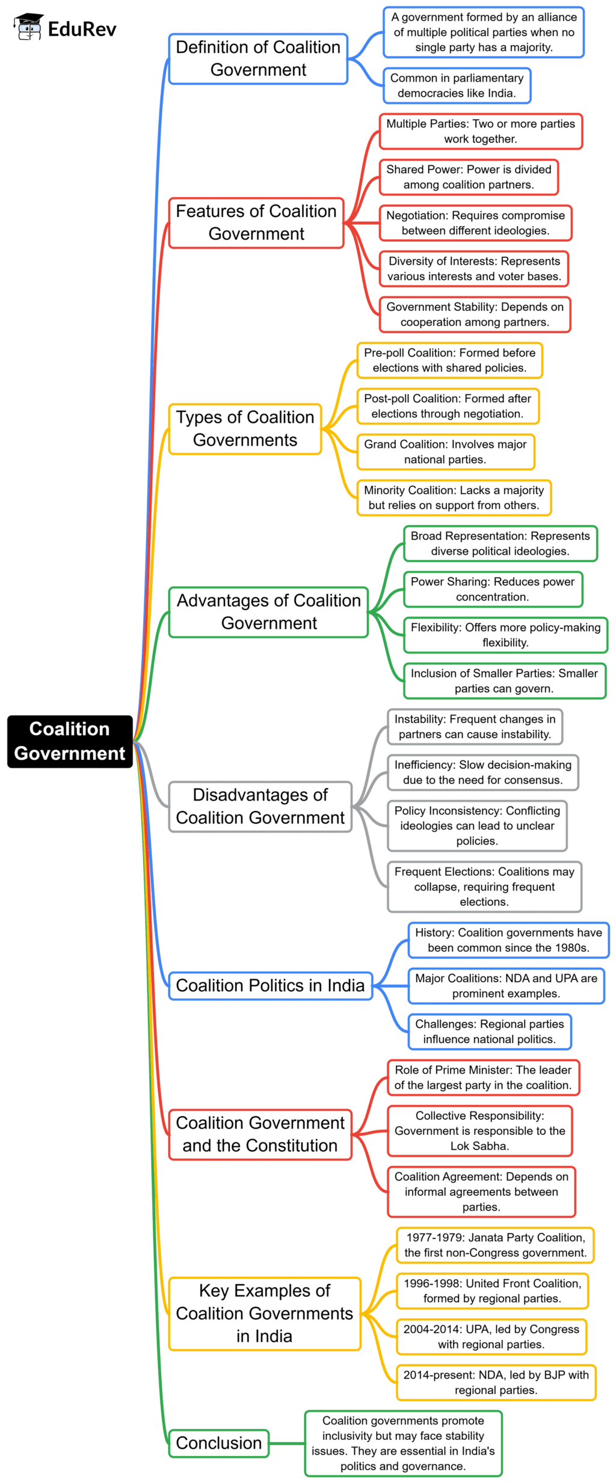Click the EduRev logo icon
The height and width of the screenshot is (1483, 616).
pyautogui.click(x=28, y=27)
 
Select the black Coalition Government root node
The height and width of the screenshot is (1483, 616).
pyautogui.click(x=70, y=741)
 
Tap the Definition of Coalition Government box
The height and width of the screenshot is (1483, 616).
pyautogui.click(x=258, y=59)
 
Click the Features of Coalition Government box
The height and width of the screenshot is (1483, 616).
pyautogui.click(x=256, y=222)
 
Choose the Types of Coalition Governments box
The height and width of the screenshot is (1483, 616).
pyautogui.click(x=245, y=429)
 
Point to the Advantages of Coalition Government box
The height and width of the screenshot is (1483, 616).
pyautogui.click(x=268, y=612)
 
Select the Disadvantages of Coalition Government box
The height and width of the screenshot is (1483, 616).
pyautogui.click(x=260, y=806)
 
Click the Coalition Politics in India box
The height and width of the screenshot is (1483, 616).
pyautogui.click(x=270, y=985)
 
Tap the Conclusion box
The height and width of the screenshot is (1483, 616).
pyautogui.click(x=218, y=1443)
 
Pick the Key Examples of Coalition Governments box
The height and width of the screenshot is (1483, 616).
pyautogui.click(x=265, y=1313)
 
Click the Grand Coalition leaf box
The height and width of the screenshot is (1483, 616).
pyautogui.click(x=445, y=451)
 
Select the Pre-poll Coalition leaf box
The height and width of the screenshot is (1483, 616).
pyautogui.click(x=449, y=360)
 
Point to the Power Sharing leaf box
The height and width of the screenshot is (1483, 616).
pyautogui.click(x=493, y=589)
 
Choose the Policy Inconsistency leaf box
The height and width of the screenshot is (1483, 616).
pyautogui.click(x=477, y=825)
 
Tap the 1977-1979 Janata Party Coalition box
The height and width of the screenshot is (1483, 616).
pyautogui.click(x=495, y=1245)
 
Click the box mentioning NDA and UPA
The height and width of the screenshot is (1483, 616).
pyautogui.click(x=506, y=986)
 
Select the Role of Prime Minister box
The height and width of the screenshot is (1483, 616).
pyautogui.click(x=483, y=1077)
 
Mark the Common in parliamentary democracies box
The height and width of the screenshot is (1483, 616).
pyautogui.click(x=457, y=85)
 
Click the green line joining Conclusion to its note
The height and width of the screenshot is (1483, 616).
pyautogui.click(x=286, y=1443)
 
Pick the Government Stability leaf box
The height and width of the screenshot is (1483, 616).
pyautogui.click(x=475, y=314)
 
